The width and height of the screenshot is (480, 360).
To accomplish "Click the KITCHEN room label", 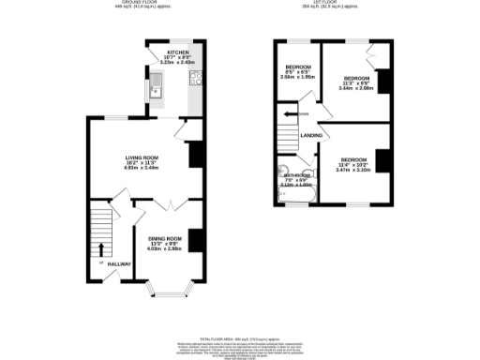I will tap(178, 52).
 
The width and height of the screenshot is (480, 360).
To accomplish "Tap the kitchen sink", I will tap(156, 89).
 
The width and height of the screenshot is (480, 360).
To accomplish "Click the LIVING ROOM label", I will tap(143, 157).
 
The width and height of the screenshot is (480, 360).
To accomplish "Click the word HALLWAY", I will tap(119, 264).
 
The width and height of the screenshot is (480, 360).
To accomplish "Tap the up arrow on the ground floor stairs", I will tap(101, 249).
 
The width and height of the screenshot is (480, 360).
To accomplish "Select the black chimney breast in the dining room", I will tap(195, 240).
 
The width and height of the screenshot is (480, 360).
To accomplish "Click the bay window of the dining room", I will tap(168, 291).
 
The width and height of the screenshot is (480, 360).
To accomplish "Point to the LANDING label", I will tap(311, 136).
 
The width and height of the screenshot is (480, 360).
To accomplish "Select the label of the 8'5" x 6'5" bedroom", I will tap(299, 67).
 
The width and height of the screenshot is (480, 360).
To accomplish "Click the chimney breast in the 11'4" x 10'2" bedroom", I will tap(382, 160).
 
